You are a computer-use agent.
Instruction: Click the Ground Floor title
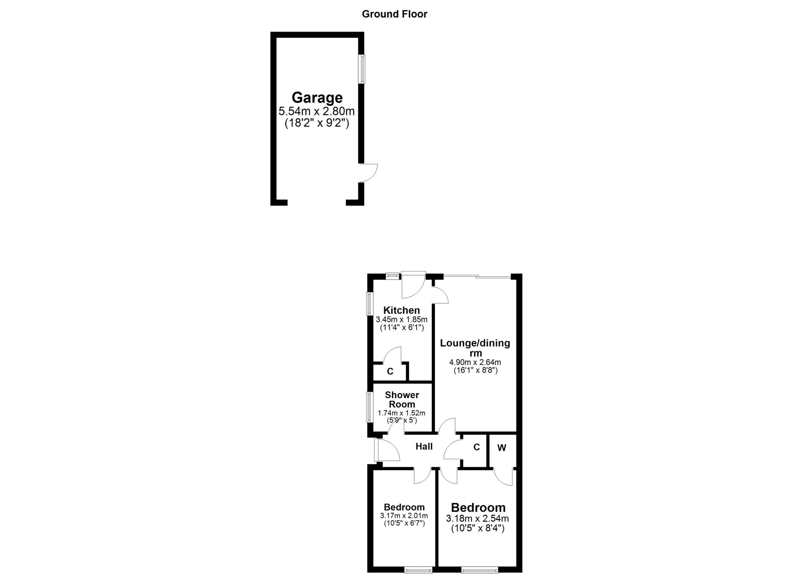click(x=394, y=14)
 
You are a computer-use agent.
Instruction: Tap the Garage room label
click(x=317, y=98)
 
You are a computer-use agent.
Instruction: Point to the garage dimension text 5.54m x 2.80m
click(x=317, y=112)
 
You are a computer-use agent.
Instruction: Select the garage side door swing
click(x=368, y=173)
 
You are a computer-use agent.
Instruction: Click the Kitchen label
click(x=401, y=310)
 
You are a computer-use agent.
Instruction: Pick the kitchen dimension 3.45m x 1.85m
click(x=401, y=319)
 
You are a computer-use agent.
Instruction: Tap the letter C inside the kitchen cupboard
click(x=390, y=371)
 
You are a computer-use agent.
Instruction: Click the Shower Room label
click(x=402, y=399)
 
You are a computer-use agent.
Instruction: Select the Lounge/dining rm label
click(x=475, y=348)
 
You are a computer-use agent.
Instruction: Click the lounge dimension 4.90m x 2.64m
click(x=475, y=362)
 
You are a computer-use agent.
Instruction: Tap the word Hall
click(x=424, y=447)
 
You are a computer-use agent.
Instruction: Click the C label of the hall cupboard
click(x=476, y=447)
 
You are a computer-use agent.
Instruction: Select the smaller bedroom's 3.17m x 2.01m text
click(x=404, y=516)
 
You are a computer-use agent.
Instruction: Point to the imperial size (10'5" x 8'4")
click(x=478, y=528)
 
